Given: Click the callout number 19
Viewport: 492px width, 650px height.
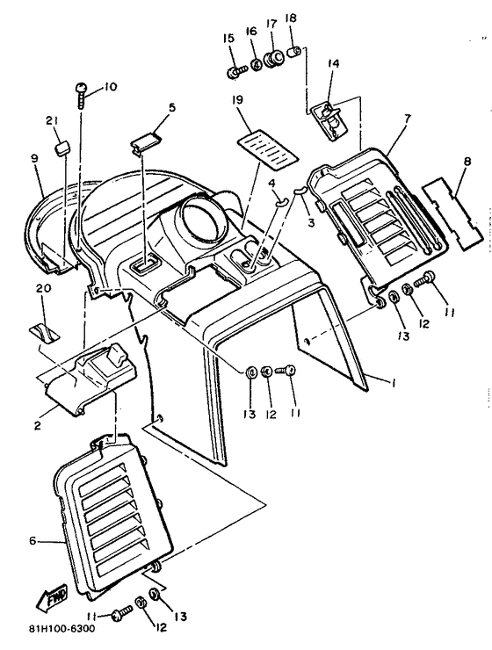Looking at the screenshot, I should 237,102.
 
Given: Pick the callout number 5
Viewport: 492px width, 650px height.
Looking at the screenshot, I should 171,107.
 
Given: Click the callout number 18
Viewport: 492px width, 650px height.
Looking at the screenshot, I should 291,18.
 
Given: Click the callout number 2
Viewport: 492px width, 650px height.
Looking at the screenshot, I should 38,401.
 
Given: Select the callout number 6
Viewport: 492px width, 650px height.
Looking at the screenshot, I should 33,540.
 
